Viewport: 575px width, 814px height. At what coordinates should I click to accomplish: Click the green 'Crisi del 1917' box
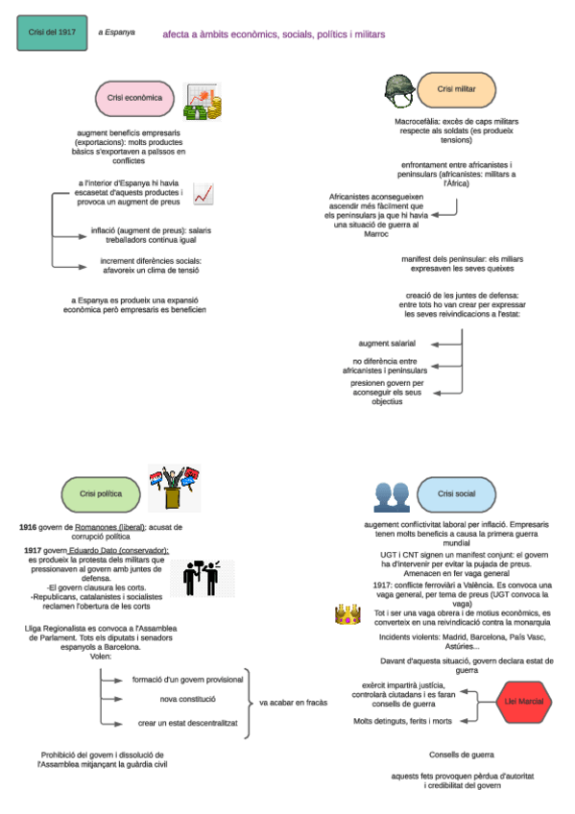pos(52,34)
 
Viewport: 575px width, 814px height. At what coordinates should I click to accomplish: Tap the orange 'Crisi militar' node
pos(457,89)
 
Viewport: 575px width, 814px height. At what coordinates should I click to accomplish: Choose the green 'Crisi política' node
pos(101,493)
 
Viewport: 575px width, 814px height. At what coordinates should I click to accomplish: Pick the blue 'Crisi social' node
pos(457,493)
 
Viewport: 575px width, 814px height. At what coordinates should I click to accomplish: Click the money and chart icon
pos(204,101)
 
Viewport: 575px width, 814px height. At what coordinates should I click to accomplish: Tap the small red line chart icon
pos(203,194)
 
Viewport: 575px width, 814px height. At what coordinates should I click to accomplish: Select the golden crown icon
pos(347,613)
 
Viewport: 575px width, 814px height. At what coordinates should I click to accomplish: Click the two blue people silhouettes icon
pos(392,495)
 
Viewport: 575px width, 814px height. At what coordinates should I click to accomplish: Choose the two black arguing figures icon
pos(202,577)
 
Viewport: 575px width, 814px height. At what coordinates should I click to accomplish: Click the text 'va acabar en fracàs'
pos(293,703)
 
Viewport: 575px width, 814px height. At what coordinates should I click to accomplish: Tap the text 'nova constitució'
pos(188,700)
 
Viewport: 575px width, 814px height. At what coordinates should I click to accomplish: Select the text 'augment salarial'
pos(387,343)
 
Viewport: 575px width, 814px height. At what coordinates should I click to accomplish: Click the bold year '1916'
pos(29,528)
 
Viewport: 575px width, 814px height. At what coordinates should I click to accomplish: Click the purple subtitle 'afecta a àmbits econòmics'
pos(274,34)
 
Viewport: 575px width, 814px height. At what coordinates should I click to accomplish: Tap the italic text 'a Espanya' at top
pos(116,33)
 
